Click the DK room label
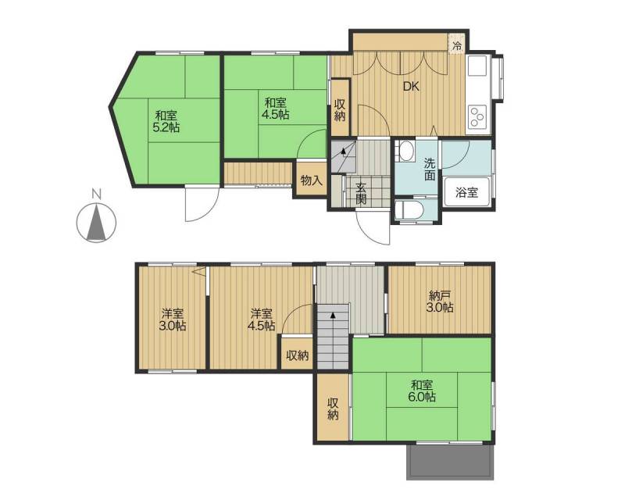click(x=411, y=87)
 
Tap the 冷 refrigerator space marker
click(x=457, y=46)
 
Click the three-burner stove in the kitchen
click(x=477, y=117)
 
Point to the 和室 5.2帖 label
click(x=166, y=122)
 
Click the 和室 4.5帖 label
click(x=276, y=109)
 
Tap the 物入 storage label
click(x=311, y=180)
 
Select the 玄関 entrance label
click(x=361, y=194)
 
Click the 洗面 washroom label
click(x=429, y=169)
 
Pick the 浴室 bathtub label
click(x=466, y=193)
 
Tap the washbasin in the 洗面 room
click(x=406, y=152)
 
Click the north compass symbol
click(x=96, y=223)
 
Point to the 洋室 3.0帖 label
click(x=173, y=320)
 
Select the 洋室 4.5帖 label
click(x=262, y=320)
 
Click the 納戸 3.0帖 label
click(x=441, y=302)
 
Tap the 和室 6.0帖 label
click(x=422, y=391)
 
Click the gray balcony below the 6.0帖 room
click(x=451, y=462)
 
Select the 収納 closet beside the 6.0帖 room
click(x=333, y=409)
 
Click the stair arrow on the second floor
click(x=333, y=315)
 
